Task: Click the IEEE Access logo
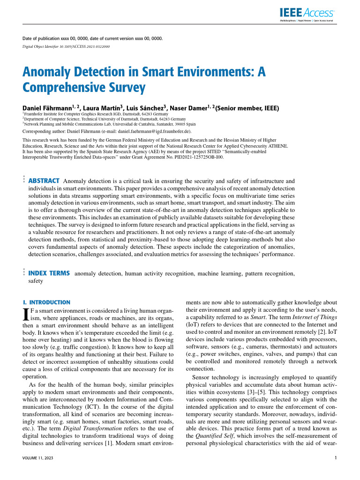[307, 14]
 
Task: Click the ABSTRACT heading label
[44, 181]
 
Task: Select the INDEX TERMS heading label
[50, 273]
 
